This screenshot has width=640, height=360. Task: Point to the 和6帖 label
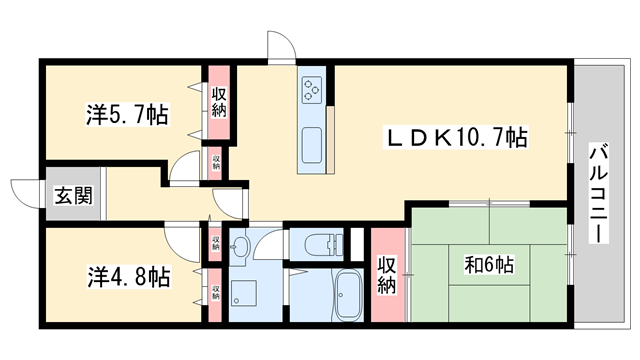(x=489, y=265)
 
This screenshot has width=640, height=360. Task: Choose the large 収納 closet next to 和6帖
(x=386, y=274)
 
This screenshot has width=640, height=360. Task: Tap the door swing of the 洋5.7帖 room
(x=185, y=168)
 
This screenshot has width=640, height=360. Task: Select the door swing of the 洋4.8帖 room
(x=183, y=239)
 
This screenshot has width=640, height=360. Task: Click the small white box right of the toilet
(x=354, y=243)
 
